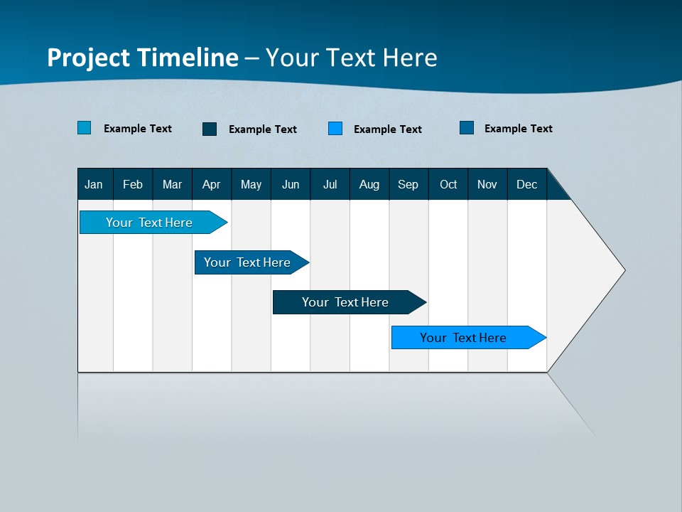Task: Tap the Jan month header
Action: coord(94,184)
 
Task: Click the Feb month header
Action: coord(133,184)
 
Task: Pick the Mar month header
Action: coord(172,184)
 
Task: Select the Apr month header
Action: coord(212,184)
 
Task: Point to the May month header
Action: coord(251,184)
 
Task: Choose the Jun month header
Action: coord(291,184)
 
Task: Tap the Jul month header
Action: coord(330,184)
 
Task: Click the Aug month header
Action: coord(369,184)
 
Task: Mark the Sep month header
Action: coord(408,184)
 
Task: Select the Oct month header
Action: coord(448,184)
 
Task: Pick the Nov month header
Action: coord(487,184)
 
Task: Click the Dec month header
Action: coord(527,184)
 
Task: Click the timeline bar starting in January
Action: coord(149,223)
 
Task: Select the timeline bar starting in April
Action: coord(247,262)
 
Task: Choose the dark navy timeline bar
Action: coord(345,302)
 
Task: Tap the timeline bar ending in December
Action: coord(463,338)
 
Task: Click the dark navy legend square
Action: coord(210,129)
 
